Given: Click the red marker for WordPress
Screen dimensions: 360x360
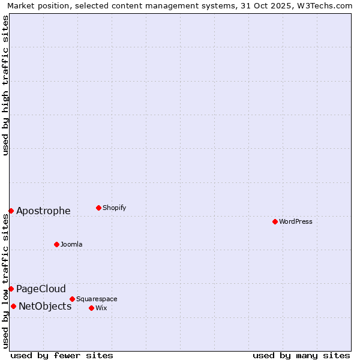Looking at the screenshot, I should click(x=275, y=221).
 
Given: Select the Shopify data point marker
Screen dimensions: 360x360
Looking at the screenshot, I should click(x=98, y=208).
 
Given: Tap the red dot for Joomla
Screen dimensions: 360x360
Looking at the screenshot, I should click(x=56, y=244).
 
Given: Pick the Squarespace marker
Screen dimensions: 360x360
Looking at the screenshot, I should click(x=72, y=299).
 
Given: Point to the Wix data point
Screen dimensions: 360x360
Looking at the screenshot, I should click(x=91, y=308).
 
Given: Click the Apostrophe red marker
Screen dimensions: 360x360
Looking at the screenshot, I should click(x=11, y=211).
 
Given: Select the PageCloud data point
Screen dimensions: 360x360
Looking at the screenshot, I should click(x=11, y=289).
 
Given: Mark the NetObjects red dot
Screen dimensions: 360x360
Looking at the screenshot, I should click(x=13, y=306).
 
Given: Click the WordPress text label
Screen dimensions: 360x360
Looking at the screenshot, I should click(x=296, y=221).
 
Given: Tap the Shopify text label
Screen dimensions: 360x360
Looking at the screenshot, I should click(x=114, y=208).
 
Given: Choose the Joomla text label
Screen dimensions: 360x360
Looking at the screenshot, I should click(x=71, y=244).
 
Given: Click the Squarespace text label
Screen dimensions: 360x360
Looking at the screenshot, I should click(x=97, y=299).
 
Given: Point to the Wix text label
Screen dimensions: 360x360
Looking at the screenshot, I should click(x=101, y=308).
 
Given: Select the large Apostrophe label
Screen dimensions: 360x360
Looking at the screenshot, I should click(x=43, y=211).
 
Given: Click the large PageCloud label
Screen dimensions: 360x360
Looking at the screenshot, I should click(x=41, y=289).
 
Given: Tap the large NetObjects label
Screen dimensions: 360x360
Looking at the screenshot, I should click(x=45, y=306).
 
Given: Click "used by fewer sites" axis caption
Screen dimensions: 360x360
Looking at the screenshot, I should click(x=62, y=355).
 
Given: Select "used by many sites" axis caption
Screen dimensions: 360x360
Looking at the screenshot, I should click(x=301, y=355).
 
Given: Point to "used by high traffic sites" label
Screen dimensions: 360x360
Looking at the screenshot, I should click(x=5, y=85).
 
